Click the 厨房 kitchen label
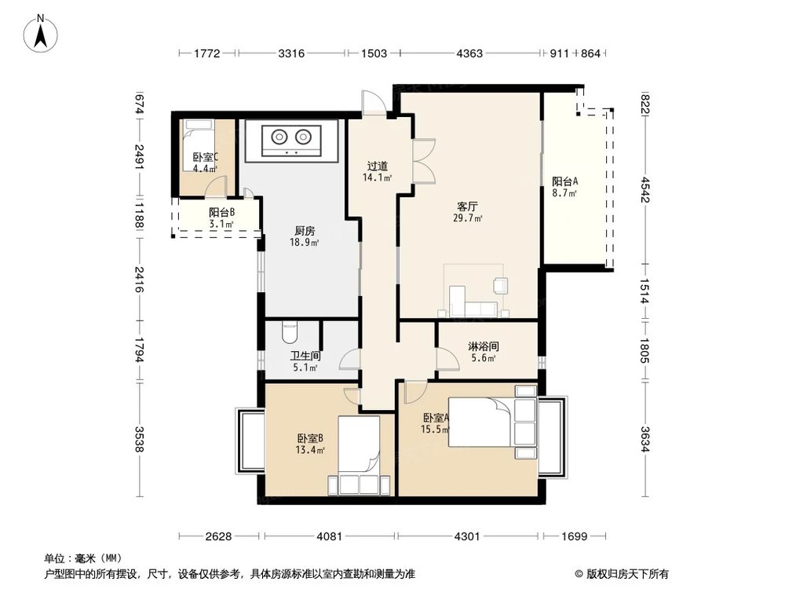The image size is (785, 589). click(305, 231)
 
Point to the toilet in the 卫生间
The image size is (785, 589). click(288, 335)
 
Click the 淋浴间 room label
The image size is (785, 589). click(483, 346)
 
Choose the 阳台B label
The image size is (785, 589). click(221, 212)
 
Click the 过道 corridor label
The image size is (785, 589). click(378, 166)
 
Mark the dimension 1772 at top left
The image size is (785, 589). click(207, 53)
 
